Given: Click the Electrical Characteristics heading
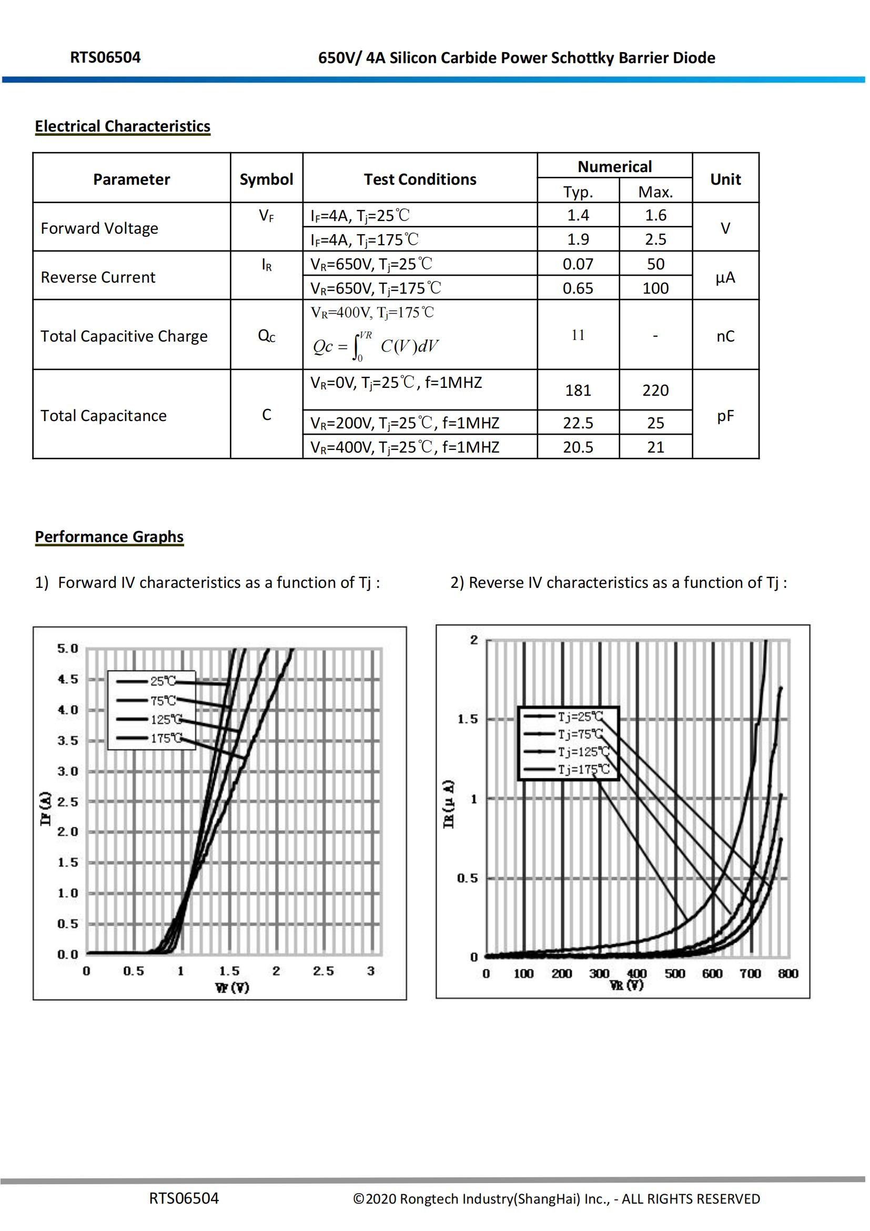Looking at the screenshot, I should pyautogui.click(x=122, y=126).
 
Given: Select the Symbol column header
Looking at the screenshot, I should pyautogui.click(x=266, y=179).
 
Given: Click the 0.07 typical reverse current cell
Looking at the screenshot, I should pyautogui.click(x=578, y=264).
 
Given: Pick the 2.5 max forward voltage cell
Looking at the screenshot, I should pyautogui.click(x=655, y=239).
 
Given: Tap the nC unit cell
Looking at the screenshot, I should pyautogui.click(x=725, y=336).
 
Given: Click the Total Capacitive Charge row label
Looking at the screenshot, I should pyautogui.click(x=124, y=336).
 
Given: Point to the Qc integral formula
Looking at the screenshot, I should pyautogui.click(x=376, y=346).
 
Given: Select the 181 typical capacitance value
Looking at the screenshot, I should pyautogui.click(x=578, y=391).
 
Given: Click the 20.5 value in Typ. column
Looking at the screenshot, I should pyautogui.click(x=578, y=447).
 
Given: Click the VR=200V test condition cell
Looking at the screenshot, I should pyautogui.click(x=404, y=423).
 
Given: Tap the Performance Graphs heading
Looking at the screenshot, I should pyautogui.click(x=109, y=537).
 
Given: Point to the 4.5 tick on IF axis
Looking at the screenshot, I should pyautogui.click(x=67, y=679).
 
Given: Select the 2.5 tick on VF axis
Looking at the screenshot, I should pyautogui.click(x=323, y=972).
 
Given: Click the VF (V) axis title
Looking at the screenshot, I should pyautogui.click(x=232, y=987).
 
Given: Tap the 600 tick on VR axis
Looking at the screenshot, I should pyautogui.click(x=712, y=974).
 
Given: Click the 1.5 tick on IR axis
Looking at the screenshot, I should pyautogui.click(x=467, y=719).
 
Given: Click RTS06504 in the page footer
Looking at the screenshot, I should pyautogui.click(x=184, y=1199).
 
